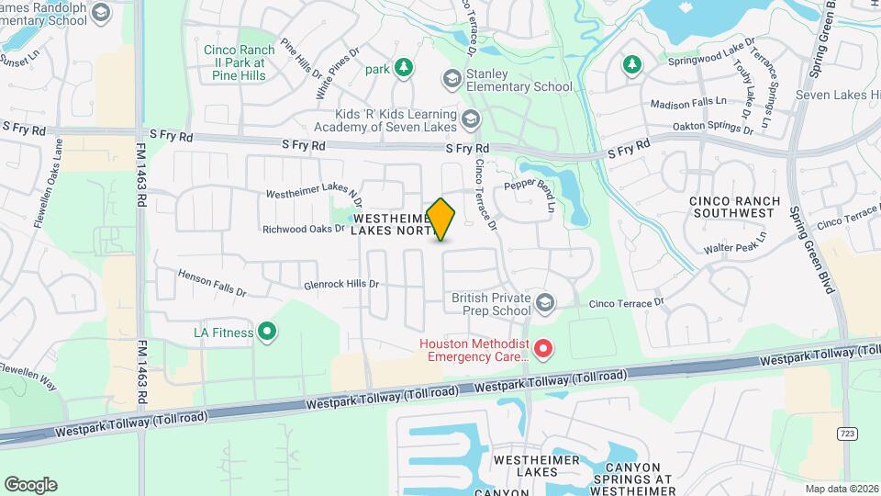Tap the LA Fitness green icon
(x=267, y=332)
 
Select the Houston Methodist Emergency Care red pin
(x=543, y=349)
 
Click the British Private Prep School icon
(x=545, y=303)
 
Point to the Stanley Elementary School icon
(x=451, y=79)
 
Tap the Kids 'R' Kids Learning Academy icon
(x=470, y=118)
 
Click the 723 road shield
(x=846, y=432)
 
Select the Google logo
(x=30, y=484)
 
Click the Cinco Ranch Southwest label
(x=734, y=207)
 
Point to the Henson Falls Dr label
(x=212, y=283)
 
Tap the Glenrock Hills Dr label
(x=340, y=285)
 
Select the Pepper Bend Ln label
(x=531, y=195)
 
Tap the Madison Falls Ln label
(x=687, y=104)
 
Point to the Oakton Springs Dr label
(x=712, y=127)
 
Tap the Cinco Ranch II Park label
(x=233, y=56)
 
